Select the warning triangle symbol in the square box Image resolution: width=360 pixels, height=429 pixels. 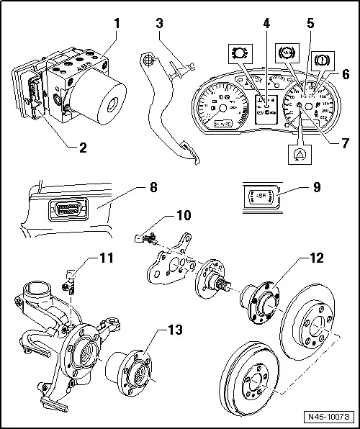click(299, 153)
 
